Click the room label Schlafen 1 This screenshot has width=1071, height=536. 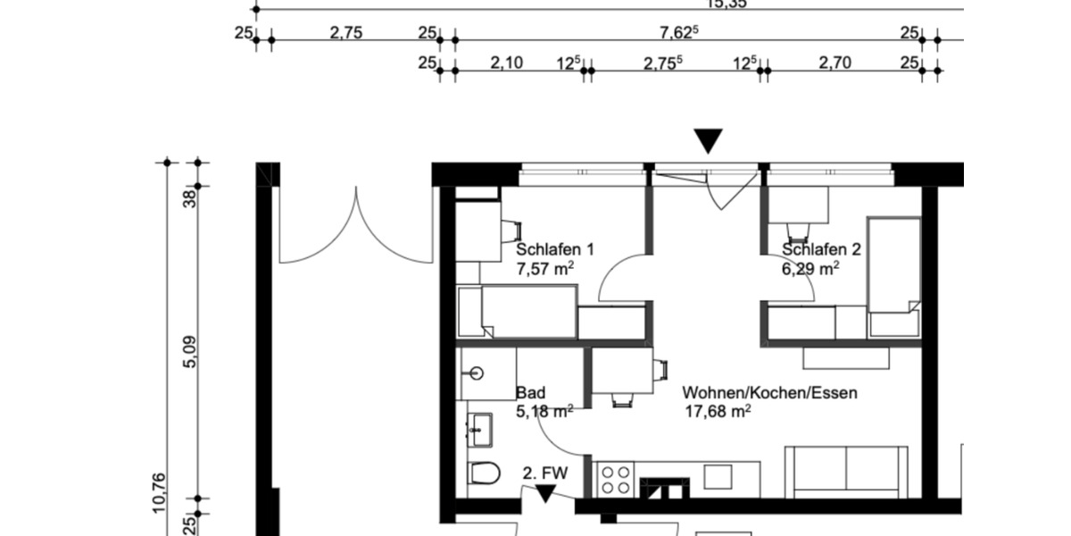554,249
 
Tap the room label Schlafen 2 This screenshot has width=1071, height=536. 821,249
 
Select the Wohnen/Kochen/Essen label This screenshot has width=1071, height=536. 769,393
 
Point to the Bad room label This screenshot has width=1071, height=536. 530,393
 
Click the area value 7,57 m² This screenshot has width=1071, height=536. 544,267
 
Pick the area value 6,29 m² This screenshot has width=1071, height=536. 810,267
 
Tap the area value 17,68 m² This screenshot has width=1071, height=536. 717,411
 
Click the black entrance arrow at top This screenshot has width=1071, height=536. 709,141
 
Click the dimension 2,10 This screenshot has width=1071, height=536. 506,63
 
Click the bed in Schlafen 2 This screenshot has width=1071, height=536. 894,277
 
